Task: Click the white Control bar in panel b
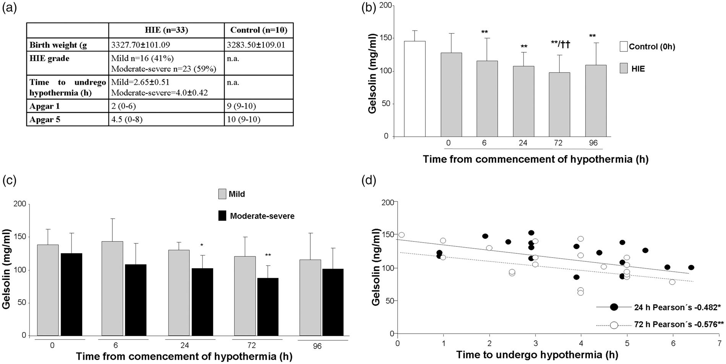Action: click(x=415, y=89)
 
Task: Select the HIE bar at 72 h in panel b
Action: click(x=559, y=105)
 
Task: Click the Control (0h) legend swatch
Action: click(x=624, y=47)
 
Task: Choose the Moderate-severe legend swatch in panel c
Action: click(x=222, y=216)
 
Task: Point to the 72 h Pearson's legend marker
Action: click(x=614, y=325)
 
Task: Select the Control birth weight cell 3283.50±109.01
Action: click(x=258, y=45)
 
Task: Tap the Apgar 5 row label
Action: click(x=45, y=119)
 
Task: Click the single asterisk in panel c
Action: click(x=202, y=245)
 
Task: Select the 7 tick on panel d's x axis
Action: click(x=719, y=343)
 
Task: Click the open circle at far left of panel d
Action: click(x=401, y=235)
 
